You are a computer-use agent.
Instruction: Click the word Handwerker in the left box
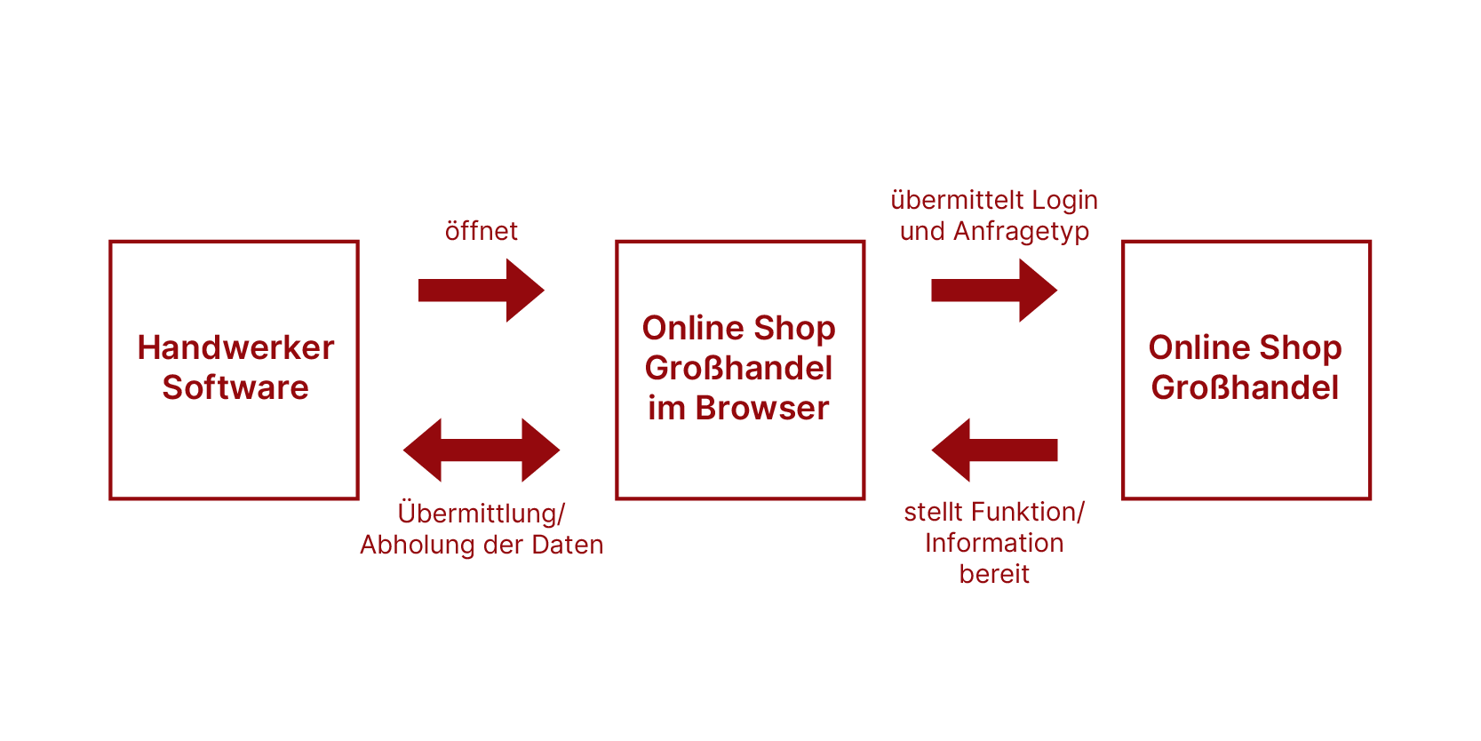coord(235,347)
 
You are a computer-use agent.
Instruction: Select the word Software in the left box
coord(235,387)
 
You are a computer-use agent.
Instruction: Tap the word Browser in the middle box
coord(761,408)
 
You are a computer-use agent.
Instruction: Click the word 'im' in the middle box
coord(666,408)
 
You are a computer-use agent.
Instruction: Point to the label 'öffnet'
coord(482,231)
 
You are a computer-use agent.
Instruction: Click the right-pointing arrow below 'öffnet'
coord(482,290)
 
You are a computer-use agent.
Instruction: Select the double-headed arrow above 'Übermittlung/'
coord(482,450)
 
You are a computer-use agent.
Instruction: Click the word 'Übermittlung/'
coord(482,513)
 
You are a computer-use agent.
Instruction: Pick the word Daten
coord(567,545)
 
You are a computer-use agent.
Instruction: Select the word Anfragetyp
coord(1021,232)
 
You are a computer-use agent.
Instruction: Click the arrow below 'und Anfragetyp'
coord(994,290)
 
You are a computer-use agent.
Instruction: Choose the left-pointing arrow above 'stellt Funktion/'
coord(994,450)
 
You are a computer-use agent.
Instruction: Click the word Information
coord(994,543)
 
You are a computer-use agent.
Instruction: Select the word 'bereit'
coord(994,574)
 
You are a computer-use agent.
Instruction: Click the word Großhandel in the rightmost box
coord(1245,387)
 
